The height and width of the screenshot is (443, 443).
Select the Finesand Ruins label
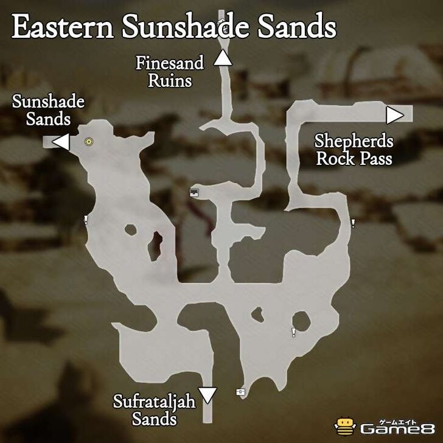(170, 71)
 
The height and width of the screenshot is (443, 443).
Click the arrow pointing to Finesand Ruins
(223, 58)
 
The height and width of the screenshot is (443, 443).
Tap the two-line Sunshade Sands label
(48, 110)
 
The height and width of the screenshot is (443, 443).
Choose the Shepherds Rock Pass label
(354, 150)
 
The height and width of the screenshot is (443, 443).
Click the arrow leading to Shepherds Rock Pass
(394, 114)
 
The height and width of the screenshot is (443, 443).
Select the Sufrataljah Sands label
(145, 410)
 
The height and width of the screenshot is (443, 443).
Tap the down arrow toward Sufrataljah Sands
(208, 396)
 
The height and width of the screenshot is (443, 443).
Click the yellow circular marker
(89, 142)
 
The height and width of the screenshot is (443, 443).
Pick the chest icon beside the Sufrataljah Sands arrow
(240, 392)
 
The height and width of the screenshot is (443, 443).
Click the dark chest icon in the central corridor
(194, 193)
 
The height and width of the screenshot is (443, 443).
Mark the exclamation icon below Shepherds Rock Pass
(352, 223)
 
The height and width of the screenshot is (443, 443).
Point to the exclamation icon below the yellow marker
(86, 220)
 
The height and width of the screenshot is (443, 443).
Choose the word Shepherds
(354, 141)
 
